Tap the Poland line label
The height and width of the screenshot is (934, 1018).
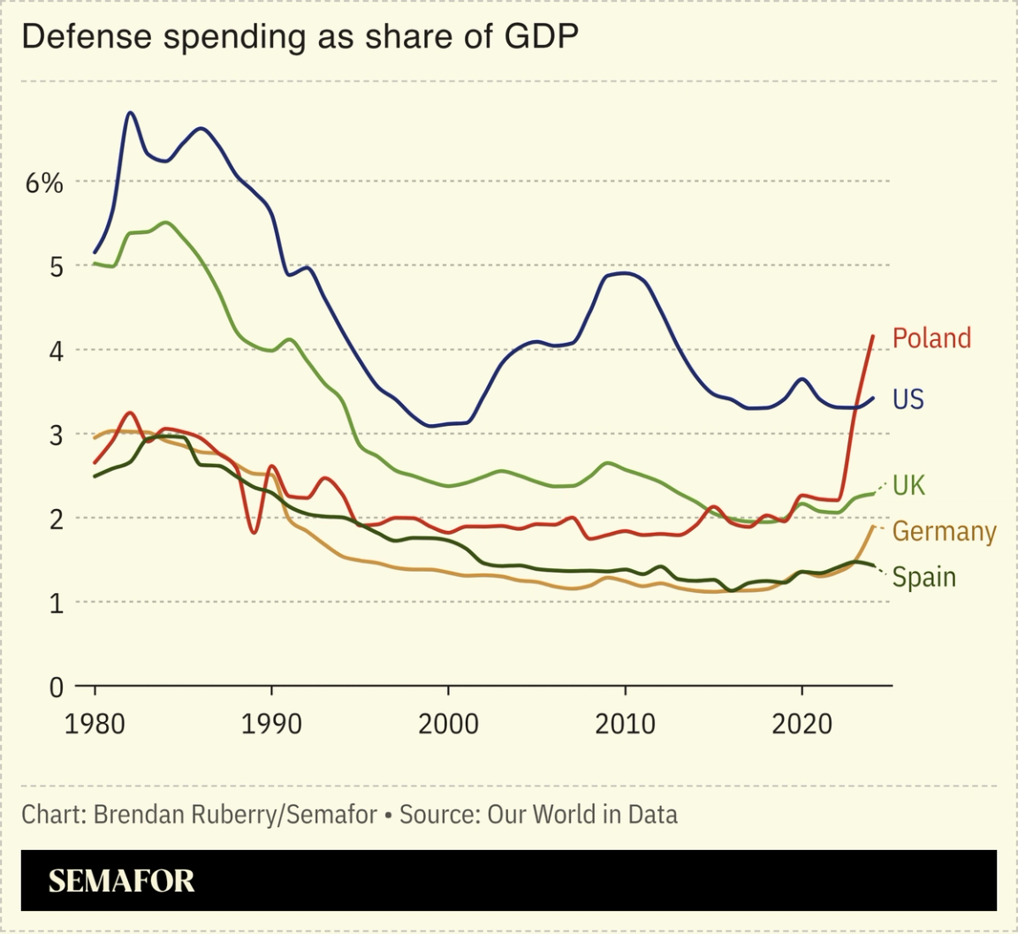tap(931, 338)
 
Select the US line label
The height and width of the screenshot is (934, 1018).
tap(908, 399)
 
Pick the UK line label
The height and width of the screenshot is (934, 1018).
tap(908, 485)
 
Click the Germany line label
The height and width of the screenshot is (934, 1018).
tap(944, 531)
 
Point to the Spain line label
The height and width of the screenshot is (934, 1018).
tap(923, 577)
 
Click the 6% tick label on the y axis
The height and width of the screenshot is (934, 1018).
tap(44, 183)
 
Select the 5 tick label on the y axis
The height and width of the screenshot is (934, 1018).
tap(55, 266)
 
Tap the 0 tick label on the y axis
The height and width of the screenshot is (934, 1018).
tap(55, 687)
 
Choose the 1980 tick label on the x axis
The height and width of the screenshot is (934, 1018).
tap(95, 724)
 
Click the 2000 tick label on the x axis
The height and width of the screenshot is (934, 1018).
tap(448, 724)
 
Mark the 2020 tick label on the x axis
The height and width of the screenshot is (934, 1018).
tap(801, 724)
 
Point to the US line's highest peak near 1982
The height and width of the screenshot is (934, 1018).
tap(131, 113)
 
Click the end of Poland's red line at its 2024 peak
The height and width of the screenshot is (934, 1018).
tap(873, 336)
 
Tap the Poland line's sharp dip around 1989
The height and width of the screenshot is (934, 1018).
tap(254, 532)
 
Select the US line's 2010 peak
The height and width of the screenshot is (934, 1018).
tap(625, 273)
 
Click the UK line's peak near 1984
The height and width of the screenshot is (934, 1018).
tap(166, 222)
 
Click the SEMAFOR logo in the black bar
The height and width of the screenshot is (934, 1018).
tap(121, 881)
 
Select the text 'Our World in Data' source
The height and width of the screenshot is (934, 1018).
tap(582, 814)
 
